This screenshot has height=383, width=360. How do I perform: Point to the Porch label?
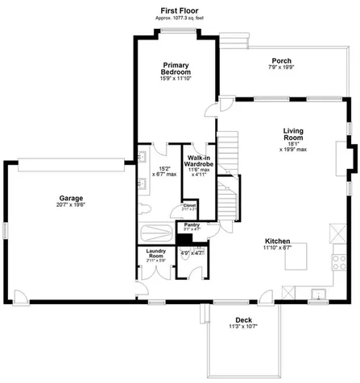281,60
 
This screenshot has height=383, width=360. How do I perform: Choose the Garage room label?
71,198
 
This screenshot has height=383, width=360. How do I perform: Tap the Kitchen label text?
279,241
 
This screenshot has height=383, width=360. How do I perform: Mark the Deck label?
243,319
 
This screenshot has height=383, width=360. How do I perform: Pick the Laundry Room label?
155,253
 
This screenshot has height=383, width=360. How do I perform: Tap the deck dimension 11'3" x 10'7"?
243,327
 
